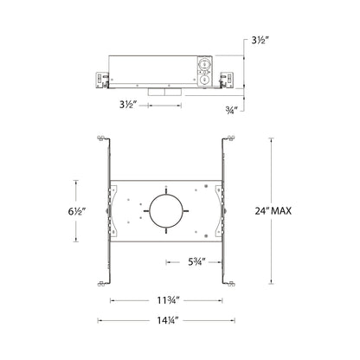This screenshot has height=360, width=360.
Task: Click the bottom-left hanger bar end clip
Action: click(102, 281)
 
